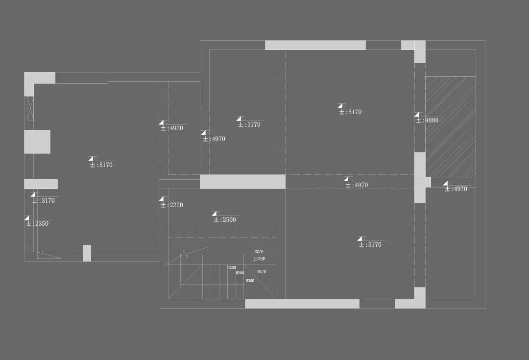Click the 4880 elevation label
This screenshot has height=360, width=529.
pyautogui.click(x=427, y=120)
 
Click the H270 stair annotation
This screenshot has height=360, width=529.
pyautogui.click(x=259, y=251)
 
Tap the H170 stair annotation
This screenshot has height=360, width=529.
pyautogui.click(x=262, y=271)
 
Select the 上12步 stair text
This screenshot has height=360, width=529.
pyautogui.click(x=259, y=259)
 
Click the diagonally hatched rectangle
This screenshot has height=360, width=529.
pyautogui.click(x=450, y=126)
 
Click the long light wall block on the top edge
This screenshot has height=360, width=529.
pyautogui.click(x=315, y=45)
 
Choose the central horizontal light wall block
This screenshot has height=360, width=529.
pyautogui.click(x=242, y=182)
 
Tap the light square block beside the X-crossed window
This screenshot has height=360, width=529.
pyautogui.click(x=37, y=142)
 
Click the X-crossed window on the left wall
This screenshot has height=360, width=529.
pyautogui.click(x=30, y=108)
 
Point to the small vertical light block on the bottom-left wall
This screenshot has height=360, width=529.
pyautogui.click(x=87, y=253)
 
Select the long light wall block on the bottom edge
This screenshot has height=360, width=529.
pyautogui.click(x=302, y=304)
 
